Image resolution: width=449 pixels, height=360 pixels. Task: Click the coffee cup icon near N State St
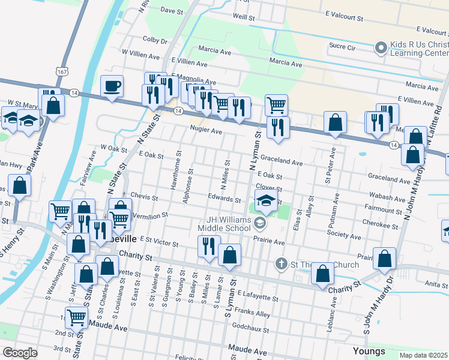112,86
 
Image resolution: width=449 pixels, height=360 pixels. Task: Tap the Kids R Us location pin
380,47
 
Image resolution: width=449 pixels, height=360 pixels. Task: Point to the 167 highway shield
62,71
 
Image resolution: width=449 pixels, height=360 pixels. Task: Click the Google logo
20,352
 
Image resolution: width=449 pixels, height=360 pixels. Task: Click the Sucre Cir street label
342,46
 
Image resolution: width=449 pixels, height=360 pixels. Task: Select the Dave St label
171,11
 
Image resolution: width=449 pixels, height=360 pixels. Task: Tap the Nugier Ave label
206,130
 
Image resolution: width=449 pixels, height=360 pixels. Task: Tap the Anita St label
431,284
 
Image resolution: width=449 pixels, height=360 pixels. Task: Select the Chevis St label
144,197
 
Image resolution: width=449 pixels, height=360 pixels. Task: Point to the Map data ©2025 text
424,355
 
